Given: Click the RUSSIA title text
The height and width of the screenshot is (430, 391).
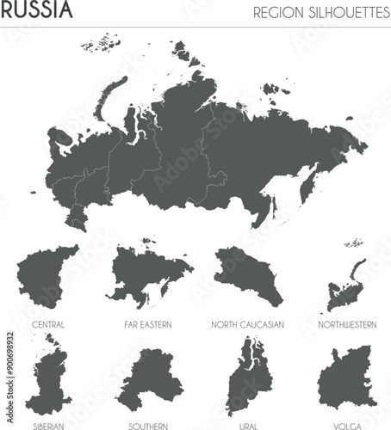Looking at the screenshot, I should point(36,11).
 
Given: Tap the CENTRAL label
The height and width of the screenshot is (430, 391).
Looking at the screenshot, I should point(47,324).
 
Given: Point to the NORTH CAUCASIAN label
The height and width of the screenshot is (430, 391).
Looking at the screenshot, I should point(248,324).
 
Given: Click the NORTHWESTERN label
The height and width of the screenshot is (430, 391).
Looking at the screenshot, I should point(346,324).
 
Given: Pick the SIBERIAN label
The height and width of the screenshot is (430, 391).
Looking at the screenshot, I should point(47,426).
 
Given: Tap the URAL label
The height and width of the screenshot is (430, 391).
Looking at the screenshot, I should point(248,426).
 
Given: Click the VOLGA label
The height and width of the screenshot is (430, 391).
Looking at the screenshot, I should point(346,426).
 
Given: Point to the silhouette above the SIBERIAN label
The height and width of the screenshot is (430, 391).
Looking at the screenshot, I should point(49,378).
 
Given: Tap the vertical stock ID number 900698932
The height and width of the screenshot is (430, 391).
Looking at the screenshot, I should point(8,361).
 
